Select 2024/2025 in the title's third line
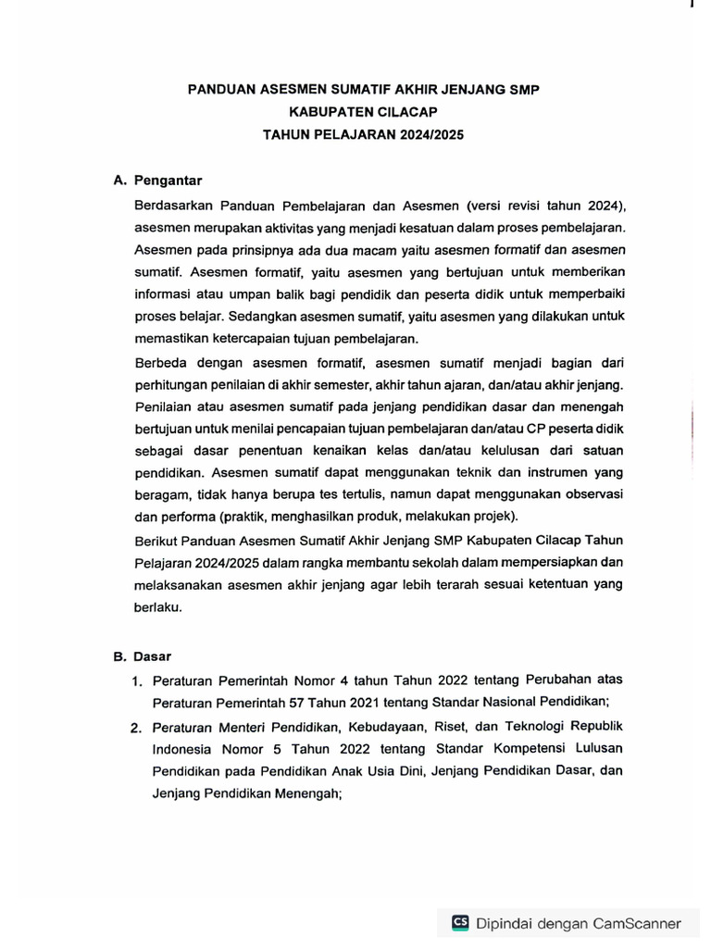coord(427,134)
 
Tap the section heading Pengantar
coord(168,181)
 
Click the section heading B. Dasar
coord(143,656)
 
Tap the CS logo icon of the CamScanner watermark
coord(460,922)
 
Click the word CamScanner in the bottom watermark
coord(638,923)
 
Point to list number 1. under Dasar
coord(136,682)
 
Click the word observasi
coord(587,495)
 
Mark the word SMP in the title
coord(520,90)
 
